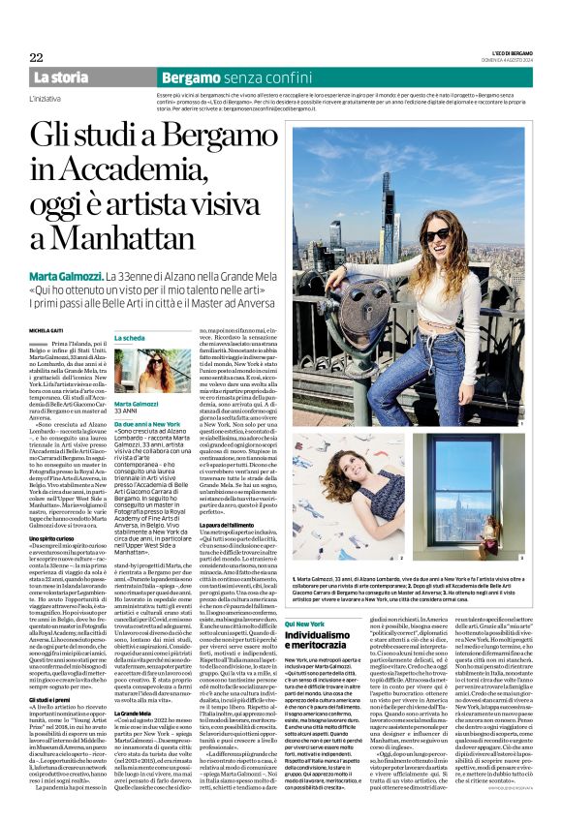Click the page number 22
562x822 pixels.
37,57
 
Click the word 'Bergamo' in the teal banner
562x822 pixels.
188,76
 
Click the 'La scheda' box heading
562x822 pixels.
130,338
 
